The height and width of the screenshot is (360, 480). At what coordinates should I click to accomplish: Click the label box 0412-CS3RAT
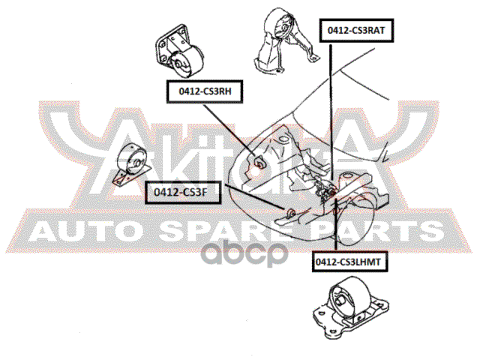point(357,30)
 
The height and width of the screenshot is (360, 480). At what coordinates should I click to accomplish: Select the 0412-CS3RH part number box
point(205,91)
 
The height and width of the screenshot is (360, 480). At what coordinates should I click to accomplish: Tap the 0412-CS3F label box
point(183,193)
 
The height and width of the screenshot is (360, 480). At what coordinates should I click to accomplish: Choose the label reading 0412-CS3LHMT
point(350,262)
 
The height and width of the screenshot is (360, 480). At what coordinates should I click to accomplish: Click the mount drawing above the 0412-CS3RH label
point(179,51)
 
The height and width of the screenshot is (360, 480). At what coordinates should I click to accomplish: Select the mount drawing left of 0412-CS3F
point(132,164)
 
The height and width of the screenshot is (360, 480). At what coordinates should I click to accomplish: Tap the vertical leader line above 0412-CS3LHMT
point(336,225)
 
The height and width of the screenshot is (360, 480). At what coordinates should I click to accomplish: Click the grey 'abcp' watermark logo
point(244,253)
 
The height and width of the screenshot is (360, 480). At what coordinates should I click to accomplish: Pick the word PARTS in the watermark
point(379,232)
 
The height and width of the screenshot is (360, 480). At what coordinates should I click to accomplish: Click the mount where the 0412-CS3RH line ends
point(259,161)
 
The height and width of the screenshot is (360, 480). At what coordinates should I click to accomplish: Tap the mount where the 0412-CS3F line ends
point(290,212)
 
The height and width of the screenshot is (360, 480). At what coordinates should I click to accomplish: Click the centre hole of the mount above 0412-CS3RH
point(177,65)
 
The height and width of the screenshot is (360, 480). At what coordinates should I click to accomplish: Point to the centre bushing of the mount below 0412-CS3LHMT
point(340,301)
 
